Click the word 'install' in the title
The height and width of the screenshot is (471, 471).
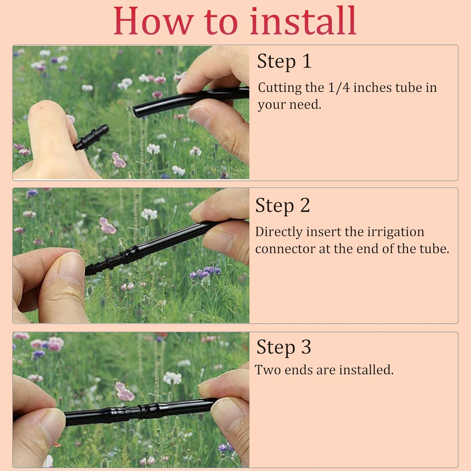coord(303,20)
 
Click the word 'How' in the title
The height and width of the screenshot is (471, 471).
coord(153,20)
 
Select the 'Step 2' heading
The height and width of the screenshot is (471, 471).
coord(283,206)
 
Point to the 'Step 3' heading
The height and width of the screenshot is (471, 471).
coord(284,347)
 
